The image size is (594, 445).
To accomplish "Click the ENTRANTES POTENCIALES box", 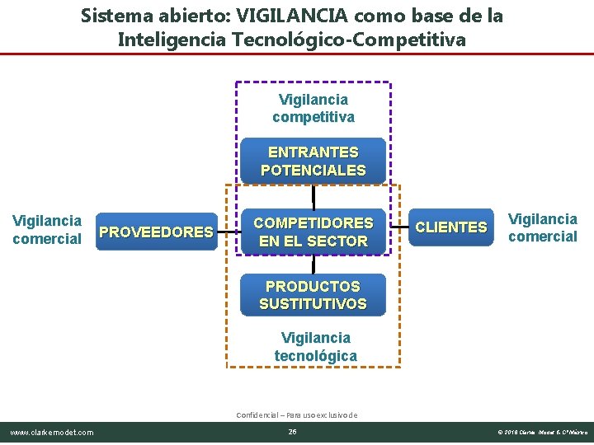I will click(313, 162).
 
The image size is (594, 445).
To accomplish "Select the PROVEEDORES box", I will click(156, 232).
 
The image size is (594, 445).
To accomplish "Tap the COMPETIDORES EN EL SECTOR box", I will click(313, 232).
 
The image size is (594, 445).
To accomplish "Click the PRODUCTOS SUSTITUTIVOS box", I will click(313, 295).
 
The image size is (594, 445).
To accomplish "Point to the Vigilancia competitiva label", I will click(313, 108).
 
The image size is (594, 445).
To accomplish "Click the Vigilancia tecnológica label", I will click(316, 347).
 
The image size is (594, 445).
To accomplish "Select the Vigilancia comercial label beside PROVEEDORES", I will click(47, 230).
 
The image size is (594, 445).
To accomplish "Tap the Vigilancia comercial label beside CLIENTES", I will click(542, 228).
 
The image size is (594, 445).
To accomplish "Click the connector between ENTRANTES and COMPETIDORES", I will click(313, 196).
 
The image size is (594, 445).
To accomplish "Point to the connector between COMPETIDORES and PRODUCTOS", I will click(313, 264).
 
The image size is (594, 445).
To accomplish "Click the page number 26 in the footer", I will click(292, 433).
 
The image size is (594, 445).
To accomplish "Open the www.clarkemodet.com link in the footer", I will click(51, 433).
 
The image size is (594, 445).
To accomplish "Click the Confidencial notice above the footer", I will click(296, 415).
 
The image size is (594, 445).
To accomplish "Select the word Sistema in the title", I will click(114, 16).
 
